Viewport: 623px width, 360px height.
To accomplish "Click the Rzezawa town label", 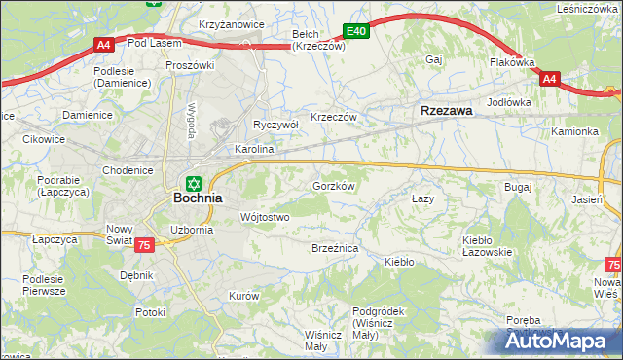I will (446, 111).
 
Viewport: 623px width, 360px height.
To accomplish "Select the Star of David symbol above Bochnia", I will (193, 182).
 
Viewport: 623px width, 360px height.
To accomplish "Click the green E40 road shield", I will (356, 32).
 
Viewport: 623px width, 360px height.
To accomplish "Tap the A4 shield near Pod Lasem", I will (104, 44).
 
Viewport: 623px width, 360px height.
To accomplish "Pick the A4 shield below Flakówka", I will (550, 79).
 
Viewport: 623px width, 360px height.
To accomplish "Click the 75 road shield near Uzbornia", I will (144, 246).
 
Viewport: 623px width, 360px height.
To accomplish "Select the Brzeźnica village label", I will (335, 249).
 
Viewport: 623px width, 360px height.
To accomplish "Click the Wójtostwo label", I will (264, 217).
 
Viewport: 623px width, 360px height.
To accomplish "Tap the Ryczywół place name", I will (275, 125).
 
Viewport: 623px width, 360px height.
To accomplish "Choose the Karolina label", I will (255, 150).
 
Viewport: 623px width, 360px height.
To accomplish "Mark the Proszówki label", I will (189, 65).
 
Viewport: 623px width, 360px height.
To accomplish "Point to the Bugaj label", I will (516, 186).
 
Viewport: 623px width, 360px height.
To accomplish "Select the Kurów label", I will (242, 295).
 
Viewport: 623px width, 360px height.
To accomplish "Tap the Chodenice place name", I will (128, 170).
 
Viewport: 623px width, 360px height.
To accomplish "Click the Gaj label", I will (434, 59).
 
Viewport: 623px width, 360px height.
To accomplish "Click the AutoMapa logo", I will (561, 341).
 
